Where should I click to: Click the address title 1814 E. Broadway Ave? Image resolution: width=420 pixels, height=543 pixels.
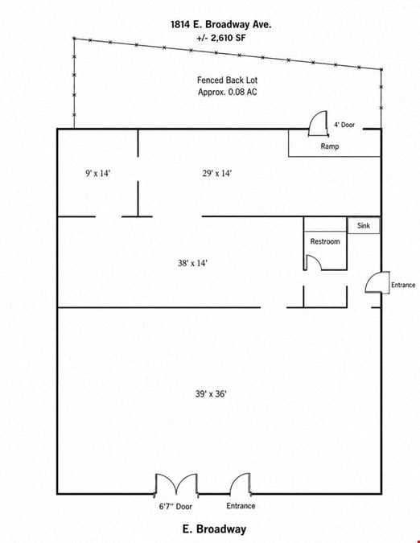pyautogui.click(x=221, y=25)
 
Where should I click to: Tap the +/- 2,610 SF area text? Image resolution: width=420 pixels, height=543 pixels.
pyautogui.click(x=221, y=38)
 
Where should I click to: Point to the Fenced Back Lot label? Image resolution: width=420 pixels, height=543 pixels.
pyautogui.click(x=227, y=80)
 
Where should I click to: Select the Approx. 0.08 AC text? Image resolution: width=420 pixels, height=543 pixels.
pyautogui.click(x=227, y=93)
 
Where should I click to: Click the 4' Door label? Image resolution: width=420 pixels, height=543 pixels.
pyautogui.click(x=344, y=125)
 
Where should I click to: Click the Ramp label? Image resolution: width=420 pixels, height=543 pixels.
pyautogui.click(x=330, y=146)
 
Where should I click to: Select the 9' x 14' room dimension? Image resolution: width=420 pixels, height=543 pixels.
pyautogui.click(x=98, y=173)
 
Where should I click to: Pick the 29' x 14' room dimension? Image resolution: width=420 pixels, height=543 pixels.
pyautogui.click(x=217, y=173)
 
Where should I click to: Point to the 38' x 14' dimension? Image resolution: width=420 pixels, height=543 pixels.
pyautogui.click(x=192, y=263)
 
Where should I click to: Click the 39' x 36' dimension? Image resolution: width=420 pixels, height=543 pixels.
pyautogui.click(x=211, y=393)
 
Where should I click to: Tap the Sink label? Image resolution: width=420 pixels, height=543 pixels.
pyautogui.click(x=364, y=225)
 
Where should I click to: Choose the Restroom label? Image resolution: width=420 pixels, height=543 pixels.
pyautogui.click(x=325, y=241)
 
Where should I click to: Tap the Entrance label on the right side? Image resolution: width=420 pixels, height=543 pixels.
pyautogui.click(x=403, y=285)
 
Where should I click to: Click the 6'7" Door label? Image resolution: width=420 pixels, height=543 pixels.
pyautogui.click(x=175, y=506)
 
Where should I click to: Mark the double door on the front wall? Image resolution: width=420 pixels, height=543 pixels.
pyautogui.click(x=176, y=484)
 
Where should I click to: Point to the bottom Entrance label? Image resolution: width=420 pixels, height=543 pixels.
pyautogui.click(x=241, y=506)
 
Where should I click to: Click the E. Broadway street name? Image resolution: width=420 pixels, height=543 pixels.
pyautogui.click(x=214, y=529)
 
